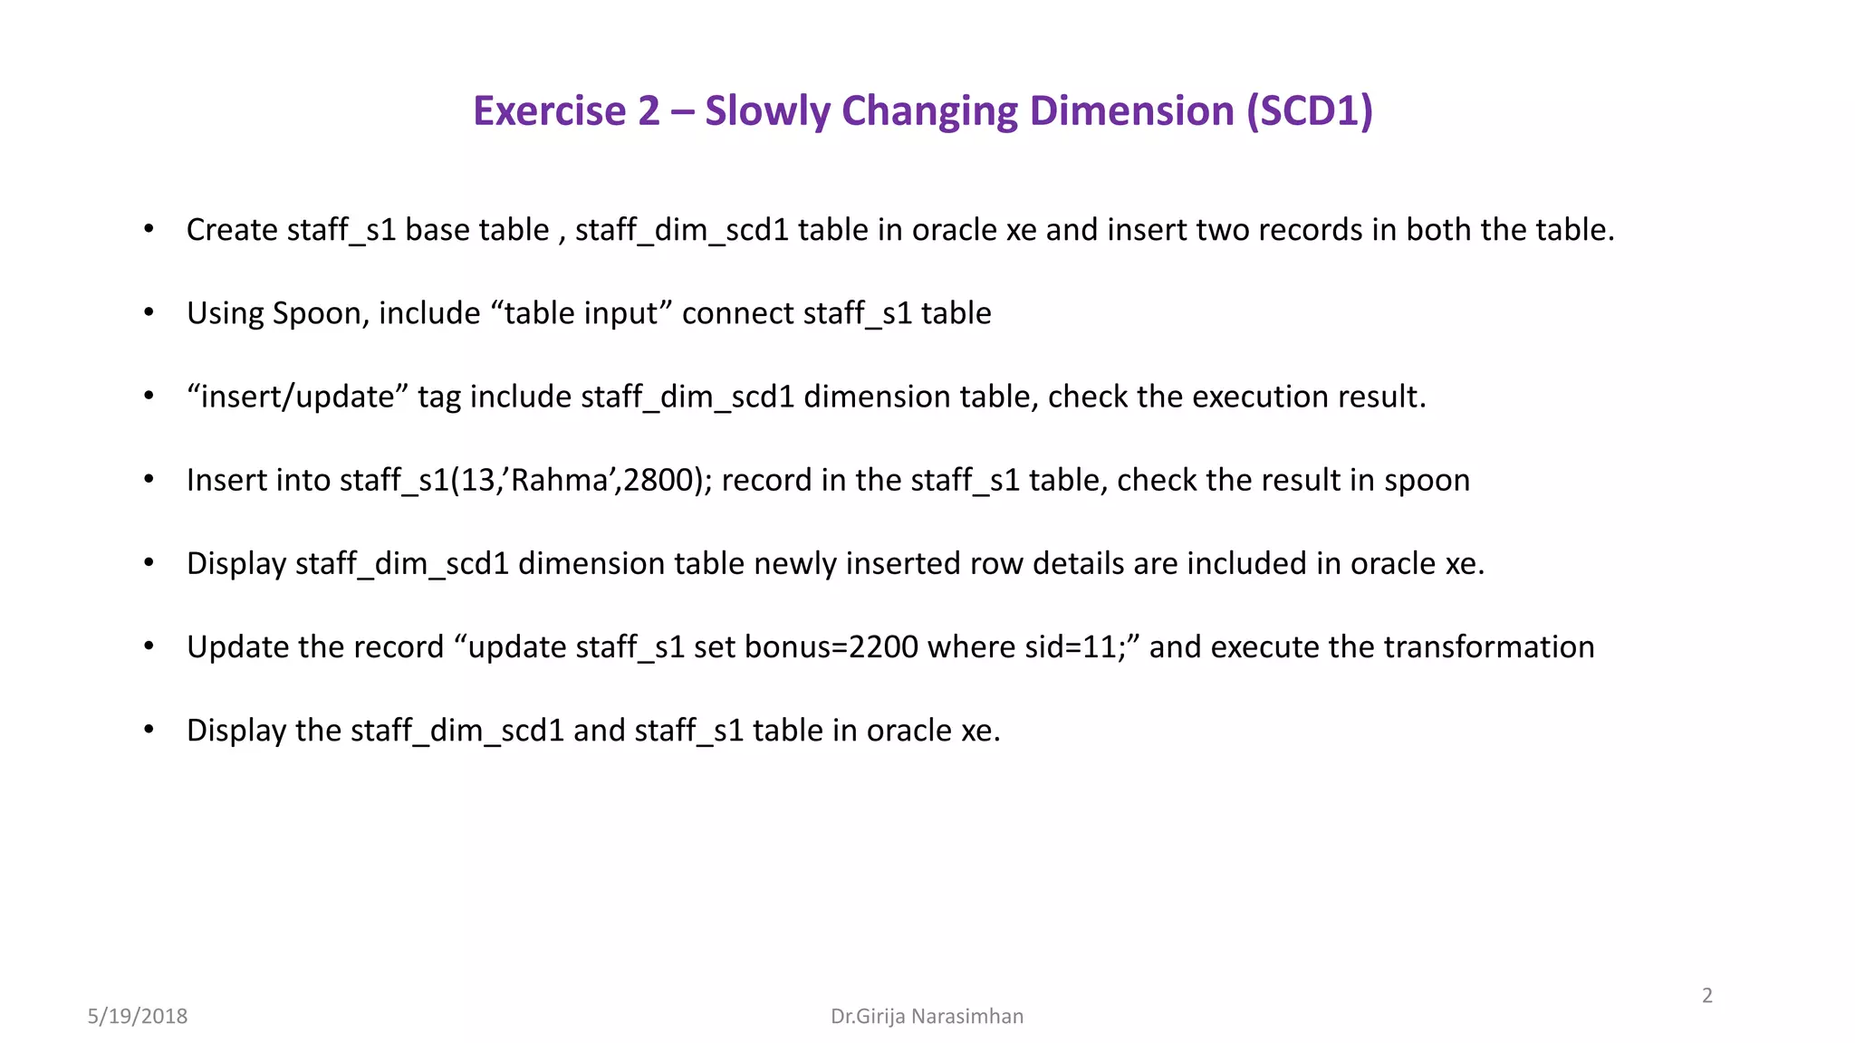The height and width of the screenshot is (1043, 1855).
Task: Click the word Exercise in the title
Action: click(549, 111)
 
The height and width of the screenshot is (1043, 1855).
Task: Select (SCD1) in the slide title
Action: click(1310, 111)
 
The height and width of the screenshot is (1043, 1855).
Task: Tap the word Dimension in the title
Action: click(1132, 111)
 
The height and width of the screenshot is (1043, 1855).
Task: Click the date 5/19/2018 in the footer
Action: click(138, 1016)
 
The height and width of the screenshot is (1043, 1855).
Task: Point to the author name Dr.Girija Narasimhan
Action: click(927, 1016)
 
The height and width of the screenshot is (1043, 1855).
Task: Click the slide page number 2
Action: click(1707, 996)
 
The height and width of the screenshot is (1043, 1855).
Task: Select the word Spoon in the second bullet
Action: click(317, 313)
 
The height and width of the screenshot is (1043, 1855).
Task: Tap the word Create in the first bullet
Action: click(232, 230)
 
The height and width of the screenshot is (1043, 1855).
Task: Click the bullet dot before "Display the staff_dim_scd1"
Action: click(149, 730)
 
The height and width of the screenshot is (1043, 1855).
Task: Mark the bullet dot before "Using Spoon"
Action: click(149, 313)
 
